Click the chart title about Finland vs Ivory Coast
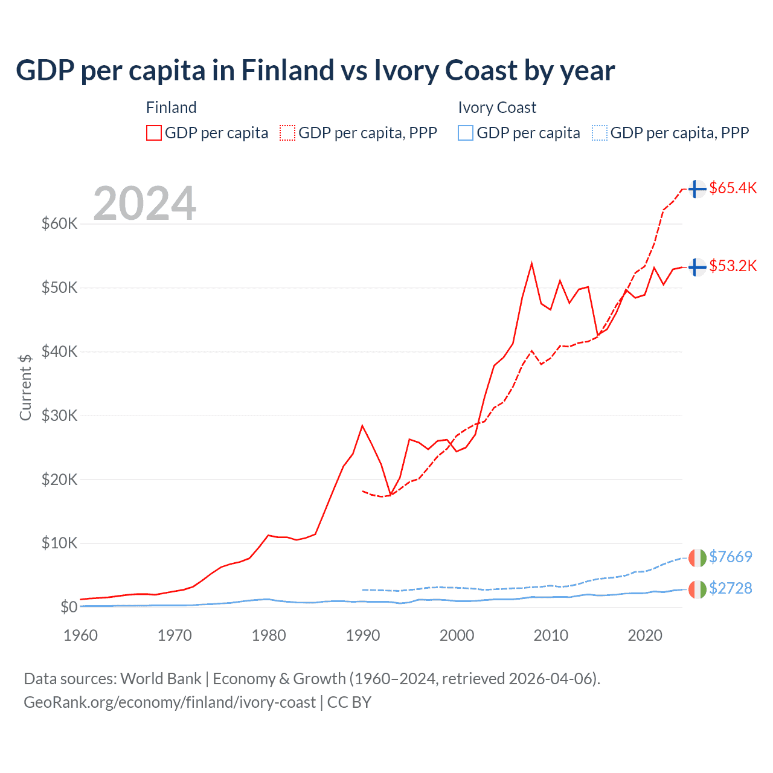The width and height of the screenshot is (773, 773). tap(315, 71)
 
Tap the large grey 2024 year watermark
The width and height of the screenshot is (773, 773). tap(144, 204)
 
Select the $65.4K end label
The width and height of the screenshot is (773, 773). tap(733, 188)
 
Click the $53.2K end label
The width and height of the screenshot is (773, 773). tap(733, 266)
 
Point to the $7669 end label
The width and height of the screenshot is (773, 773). tap(730, 556)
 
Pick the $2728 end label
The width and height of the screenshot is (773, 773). tap(730, 588)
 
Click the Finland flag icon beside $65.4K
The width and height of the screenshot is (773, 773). tap(698, 189)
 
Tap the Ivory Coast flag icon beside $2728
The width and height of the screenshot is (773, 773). tap(698, 589)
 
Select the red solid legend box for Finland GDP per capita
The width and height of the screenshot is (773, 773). tap(154, 133)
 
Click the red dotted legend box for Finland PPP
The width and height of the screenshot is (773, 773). tap(287, 133)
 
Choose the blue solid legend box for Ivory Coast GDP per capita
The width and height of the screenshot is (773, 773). tap(466, 133)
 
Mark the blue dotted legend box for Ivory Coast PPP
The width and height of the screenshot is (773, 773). tap(600, 133)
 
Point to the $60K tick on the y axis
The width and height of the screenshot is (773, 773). tap(59, 223)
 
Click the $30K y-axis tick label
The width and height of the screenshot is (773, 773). tap(59, 415)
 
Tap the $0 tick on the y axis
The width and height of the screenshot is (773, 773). tap(68, 607)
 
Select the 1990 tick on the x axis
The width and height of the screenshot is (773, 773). tap(363, 635)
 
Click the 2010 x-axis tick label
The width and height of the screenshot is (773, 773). tap(551, 635)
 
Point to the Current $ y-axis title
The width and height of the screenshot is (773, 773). tap(25, 387)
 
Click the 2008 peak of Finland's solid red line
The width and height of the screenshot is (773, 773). tap(531, 263)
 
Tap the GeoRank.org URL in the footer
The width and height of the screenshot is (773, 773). tap(170, 702)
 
